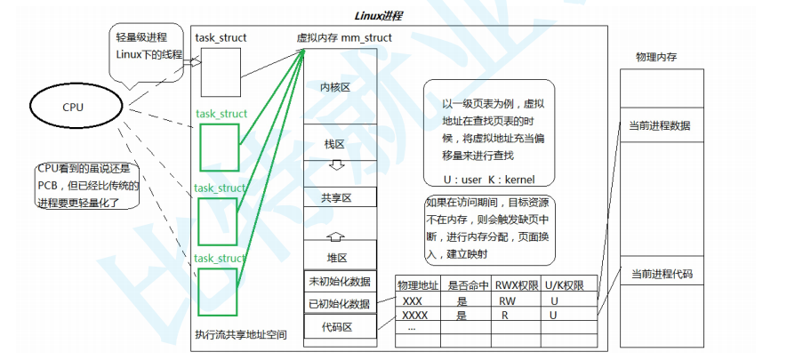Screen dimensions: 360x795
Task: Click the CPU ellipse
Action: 73,108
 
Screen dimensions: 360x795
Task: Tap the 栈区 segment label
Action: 335,144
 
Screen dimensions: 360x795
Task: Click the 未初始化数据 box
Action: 340,281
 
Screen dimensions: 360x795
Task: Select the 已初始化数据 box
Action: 340,303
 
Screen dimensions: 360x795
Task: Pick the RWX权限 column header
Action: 514,284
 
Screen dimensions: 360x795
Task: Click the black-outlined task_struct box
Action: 220,73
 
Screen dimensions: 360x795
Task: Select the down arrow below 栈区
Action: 336,166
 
